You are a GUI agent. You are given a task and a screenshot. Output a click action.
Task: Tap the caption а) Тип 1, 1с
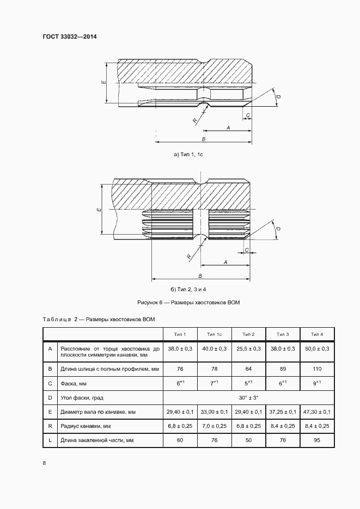click(188, 155)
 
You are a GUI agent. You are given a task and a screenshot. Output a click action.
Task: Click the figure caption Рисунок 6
click(189, 302)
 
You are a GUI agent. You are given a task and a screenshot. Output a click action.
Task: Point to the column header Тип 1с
click(214, 334)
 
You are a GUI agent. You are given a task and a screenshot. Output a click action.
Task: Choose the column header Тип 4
click(316, 334)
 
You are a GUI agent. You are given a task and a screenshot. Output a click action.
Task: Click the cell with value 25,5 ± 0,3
click(248, 348)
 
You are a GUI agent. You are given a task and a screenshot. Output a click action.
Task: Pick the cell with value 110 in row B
click(316, 369)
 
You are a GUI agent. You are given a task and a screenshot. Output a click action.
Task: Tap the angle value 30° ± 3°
click(248, 397)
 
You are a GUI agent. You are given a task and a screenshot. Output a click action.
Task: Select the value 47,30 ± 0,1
click(316, 412)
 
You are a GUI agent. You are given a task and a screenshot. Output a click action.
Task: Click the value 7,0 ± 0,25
click(214, 425)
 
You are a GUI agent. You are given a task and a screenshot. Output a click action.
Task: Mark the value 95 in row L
click(316, 439)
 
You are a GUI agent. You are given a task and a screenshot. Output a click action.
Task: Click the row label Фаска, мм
click(74, 383)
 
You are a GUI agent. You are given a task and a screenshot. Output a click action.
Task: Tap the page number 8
click(44, 463)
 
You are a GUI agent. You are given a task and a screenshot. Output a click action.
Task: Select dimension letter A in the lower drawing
click(225, 262)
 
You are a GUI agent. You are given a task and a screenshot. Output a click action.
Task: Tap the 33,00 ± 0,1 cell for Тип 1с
click(214, 412)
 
